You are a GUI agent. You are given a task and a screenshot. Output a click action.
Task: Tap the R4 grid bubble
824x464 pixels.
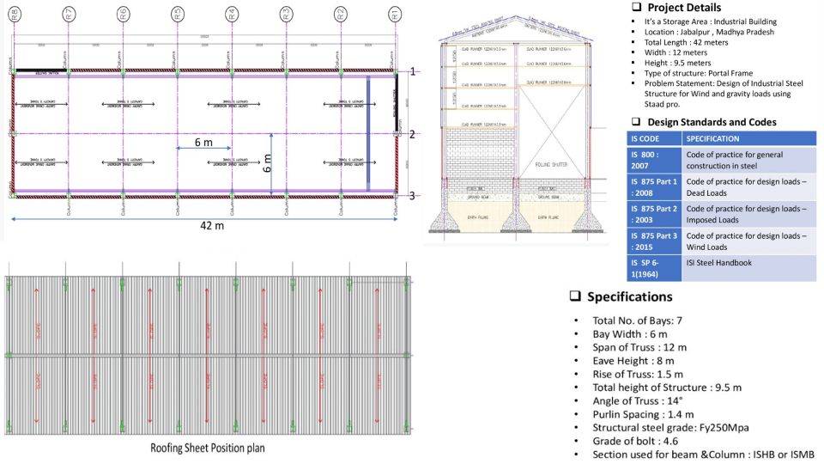232,13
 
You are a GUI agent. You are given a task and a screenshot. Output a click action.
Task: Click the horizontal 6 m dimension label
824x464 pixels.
203,142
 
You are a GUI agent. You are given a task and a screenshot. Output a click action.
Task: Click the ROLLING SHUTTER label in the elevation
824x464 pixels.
550,163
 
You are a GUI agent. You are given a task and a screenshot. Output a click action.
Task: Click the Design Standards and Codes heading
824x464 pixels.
712,122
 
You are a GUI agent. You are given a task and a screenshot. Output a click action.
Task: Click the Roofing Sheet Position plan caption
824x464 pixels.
209,448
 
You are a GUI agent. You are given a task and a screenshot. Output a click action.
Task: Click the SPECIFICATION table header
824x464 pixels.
713,138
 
